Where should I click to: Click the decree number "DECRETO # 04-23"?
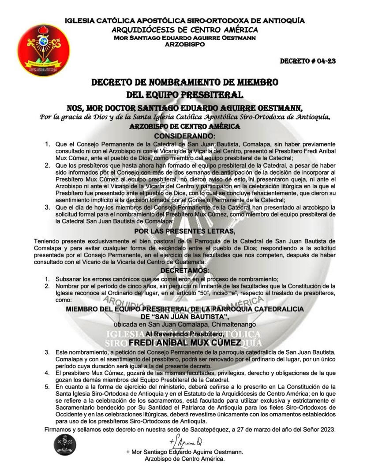click(308, 61)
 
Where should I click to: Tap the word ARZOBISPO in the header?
click(184, 45)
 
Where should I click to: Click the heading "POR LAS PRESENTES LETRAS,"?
click(184, 231)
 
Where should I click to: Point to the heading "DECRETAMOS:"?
click(184, 269)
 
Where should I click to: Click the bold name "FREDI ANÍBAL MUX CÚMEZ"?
click(184, 342)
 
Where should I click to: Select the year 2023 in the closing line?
click(327, 430)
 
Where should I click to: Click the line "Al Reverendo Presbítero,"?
click(184, 334)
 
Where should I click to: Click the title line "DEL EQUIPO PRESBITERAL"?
click(184, 94)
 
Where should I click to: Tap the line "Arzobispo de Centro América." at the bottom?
click(184, 459)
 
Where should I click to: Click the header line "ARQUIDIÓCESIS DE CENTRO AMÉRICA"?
click(184, 30)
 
